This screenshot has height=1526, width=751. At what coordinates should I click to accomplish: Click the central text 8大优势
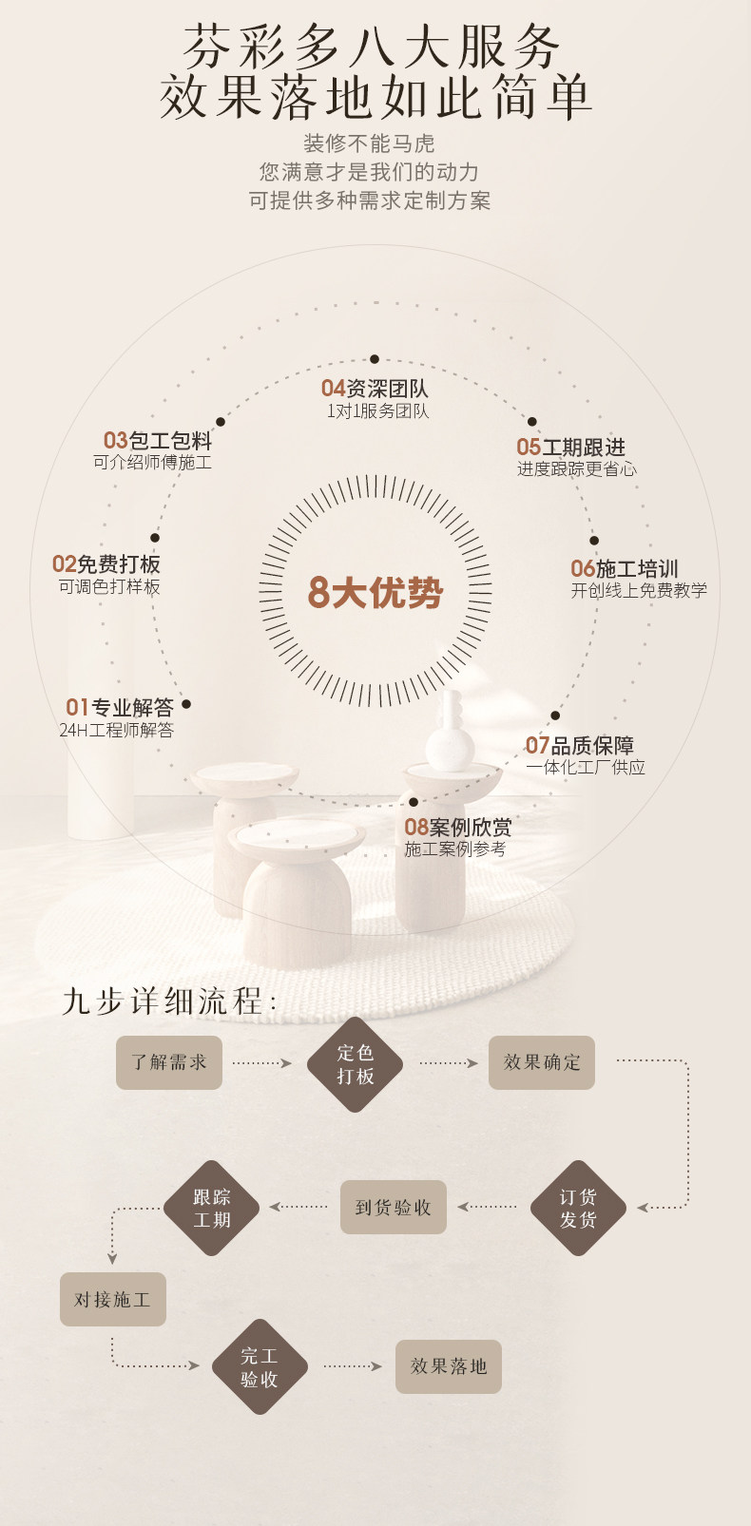click(375, 592)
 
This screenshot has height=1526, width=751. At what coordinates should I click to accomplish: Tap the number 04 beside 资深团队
click(333, 388)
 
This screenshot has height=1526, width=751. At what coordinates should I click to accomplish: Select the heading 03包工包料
click(158, 441)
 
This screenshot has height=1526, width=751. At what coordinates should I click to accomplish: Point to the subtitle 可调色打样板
click(109, 587)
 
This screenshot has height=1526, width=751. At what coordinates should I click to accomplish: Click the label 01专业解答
click(120, 708)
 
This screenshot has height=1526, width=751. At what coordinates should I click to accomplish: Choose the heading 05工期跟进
click(570, 447)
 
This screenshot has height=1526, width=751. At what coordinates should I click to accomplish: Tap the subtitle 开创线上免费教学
click(639, 591)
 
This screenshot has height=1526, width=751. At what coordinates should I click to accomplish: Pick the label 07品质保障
click(580, 746)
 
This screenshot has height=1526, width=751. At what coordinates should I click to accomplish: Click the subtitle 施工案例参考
click(455, 849)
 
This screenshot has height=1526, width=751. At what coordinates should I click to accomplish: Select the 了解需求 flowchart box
click(169, 1062)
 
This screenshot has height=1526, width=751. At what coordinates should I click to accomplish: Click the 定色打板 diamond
click(355, 1064)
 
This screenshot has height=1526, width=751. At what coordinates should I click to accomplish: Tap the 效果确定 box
click(542, 1062)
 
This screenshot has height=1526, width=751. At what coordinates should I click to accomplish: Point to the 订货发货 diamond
click(578, 1208)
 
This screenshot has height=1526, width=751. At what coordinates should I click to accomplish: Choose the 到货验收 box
click(394, 1208)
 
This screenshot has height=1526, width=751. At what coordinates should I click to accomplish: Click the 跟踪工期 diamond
click(211, 1208)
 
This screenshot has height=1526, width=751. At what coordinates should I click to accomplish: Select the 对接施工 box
click(113, 1299)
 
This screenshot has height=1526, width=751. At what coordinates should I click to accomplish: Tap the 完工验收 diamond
click(260, 1366)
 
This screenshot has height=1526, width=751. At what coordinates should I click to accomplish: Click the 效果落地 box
click(449, 1366)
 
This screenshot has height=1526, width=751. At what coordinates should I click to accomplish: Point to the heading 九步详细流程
click(169, 1001)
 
